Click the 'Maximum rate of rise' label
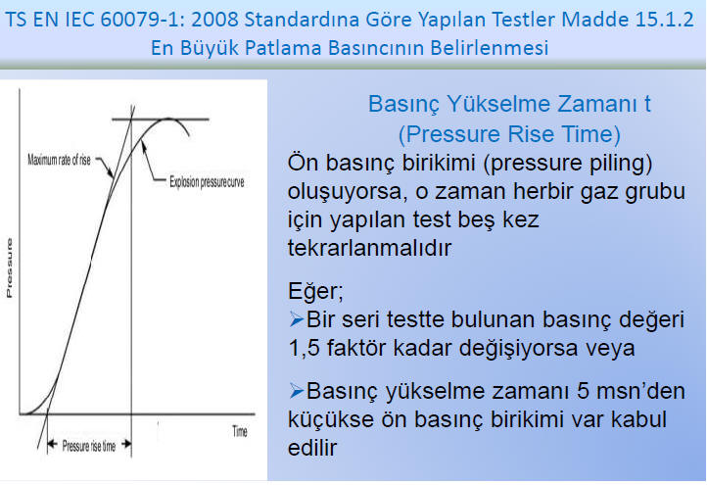[59, 160]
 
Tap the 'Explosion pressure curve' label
[207, 182]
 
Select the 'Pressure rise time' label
[89, 446]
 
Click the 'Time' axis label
[240, 431]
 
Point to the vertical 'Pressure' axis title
[9, 268]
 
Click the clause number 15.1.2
[666, 20]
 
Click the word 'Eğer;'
[315, 291]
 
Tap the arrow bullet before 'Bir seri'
[297, 319]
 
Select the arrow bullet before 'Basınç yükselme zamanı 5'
[297, 391]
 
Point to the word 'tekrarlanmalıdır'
[369, 248]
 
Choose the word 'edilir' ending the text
[312, 448]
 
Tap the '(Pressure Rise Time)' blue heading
[509, 134]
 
